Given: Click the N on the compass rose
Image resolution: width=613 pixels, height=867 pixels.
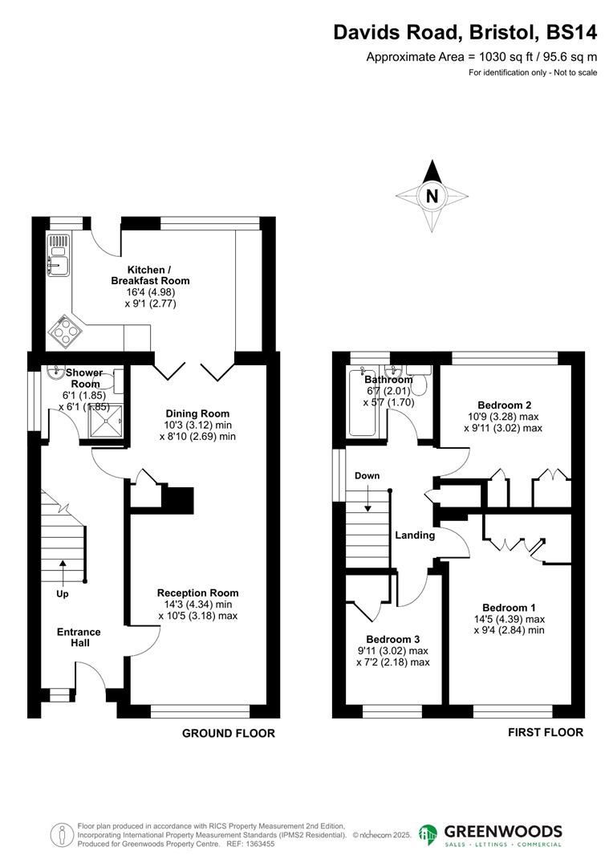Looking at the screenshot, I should coord(432,196).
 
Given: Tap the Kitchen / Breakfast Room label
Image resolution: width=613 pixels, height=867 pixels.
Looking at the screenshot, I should coord(150,275).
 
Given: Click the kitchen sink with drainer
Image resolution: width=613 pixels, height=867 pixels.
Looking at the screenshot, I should coord(59,250).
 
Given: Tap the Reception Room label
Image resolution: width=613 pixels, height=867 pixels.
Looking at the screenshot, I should coord(197,593).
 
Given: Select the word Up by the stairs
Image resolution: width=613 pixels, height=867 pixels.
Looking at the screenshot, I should coord(63,595).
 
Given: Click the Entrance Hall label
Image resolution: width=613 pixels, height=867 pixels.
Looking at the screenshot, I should coord(79,637).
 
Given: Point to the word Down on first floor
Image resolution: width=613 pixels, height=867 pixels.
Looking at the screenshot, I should coord(367,476).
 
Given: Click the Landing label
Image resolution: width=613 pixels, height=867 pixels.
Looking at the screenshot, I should coord(414,535).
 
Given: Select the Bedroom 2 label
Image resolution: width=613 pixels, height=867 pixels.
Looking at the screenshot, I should coord(504,405).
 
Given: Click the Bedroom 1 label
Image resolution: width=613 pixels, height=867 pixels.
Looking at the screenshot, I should coord(509,608).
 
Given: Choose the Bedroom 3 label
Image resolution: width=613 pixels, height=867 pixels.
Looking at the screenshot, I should coord(392,639).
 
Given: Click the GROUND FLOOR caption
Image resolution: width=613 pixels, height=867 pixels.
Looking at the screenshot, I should coord(229,733).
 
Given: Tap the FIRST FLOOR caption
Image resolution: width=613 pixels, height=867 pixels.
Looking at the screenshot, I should coord(546,732).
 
